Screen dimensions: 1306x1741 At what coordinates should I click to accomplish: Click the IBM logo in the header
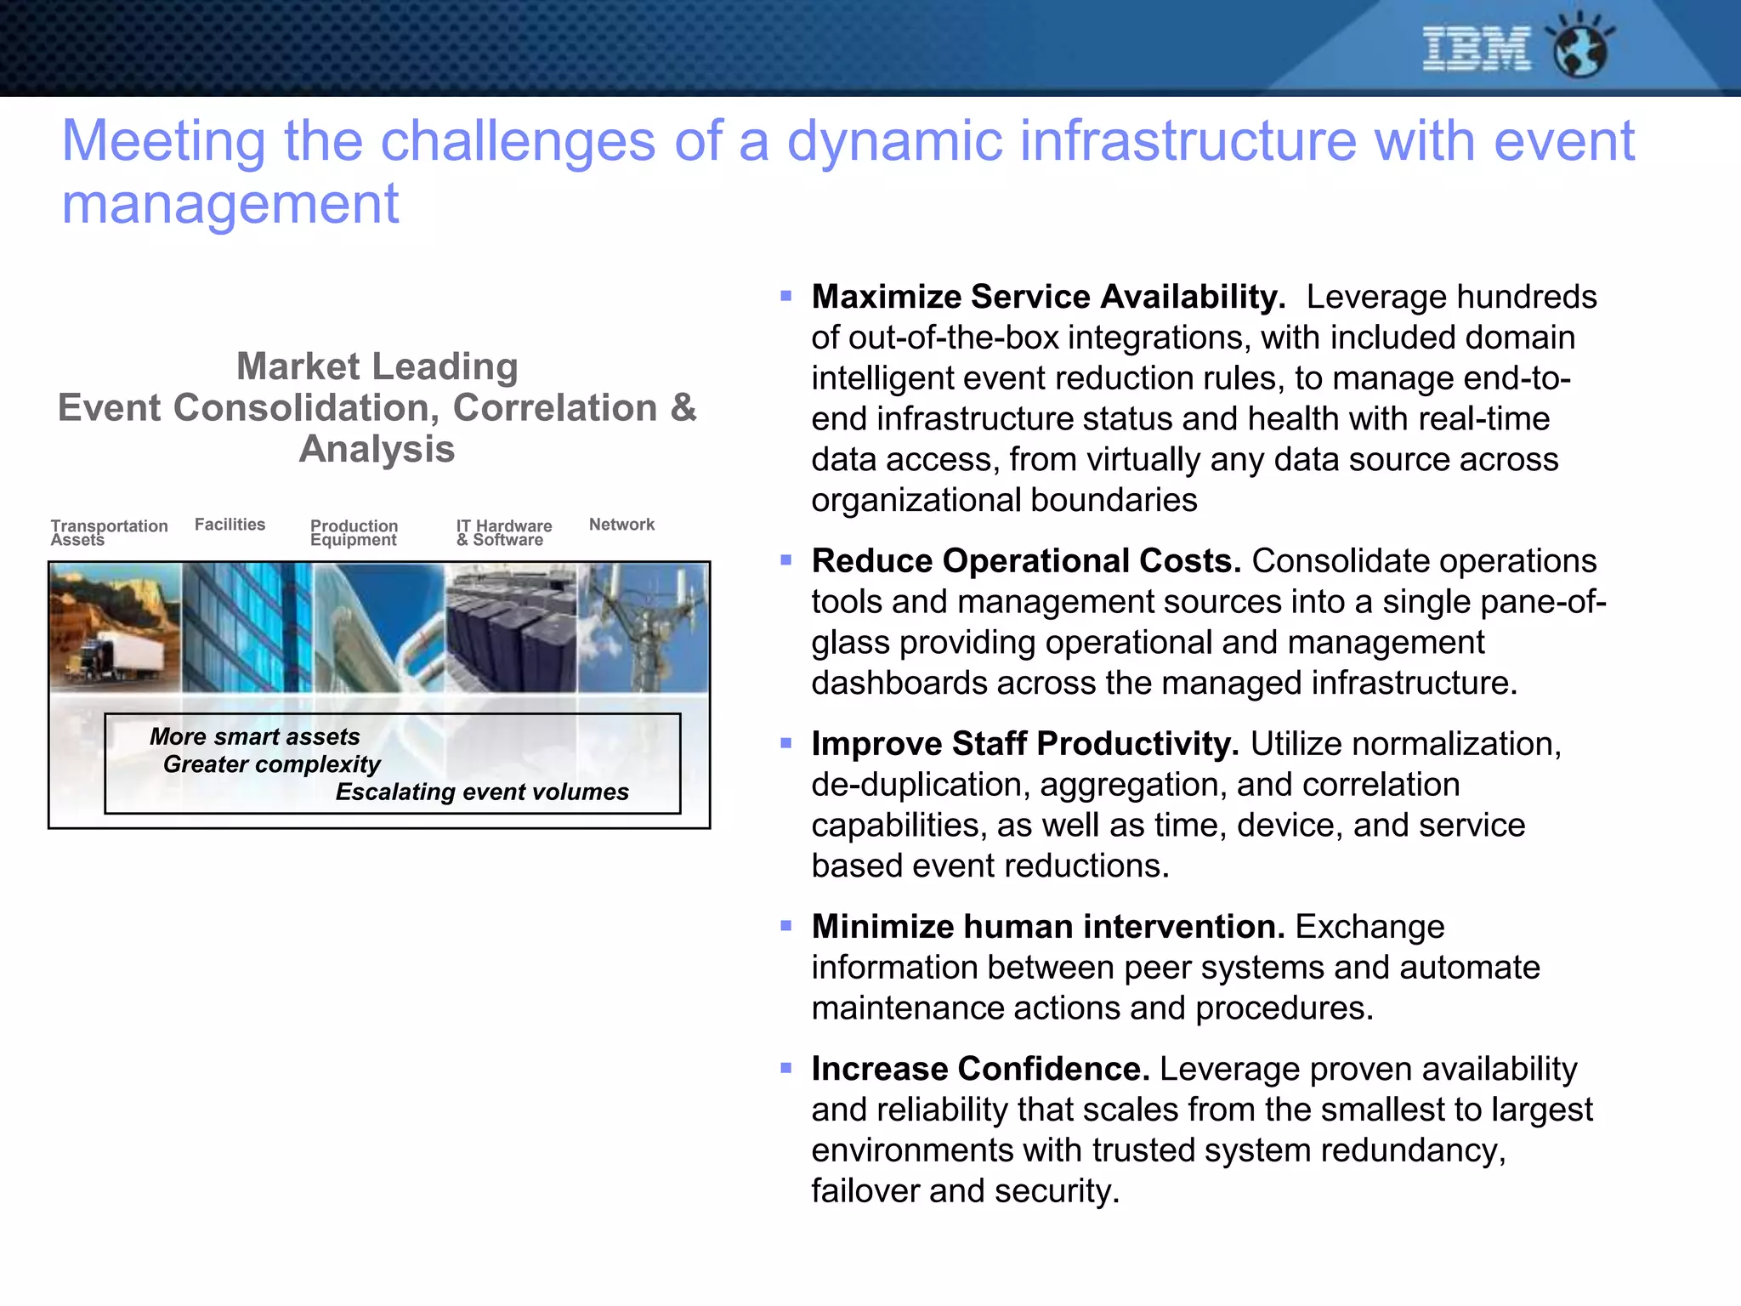pos(1476,48)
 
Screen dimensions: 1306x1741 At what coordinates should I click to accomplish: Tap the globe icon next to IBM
pos(1580,49)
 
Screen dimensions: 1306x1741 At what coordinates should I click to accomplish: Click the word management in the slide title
pos(230,204)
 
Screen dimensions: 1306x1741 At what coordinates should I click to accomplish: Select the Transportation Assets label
pos(108,532)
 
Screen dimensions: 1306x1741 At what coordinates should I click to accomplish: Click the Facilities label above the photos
pos(230,525)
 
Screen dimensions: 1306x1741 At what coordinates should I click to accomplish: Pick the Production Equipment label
pos(354,532)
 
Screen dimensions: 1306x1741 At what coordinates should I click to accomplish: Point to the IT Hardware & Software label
pos(503,532)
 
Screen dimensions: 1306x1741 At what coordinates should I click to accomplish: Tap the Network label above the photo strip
pos(621,525)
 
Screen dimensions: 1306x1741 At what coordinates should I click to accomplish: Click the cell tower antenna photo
pos(644,627)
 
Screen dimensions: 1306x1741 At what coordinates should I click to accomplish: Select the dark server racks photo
pos(510,629)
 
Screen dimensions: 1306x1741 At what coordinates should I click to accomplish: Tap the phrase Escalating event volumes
pos(482,792)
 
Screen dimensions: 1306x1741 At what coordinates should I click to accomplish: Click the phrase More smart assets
pos(254,736)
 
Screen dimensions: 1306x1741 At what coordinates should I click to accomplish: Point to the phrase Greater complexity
pos(271,764)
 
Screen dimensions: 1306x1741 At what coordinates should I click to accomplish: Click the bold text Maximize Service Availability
pos(1047,297)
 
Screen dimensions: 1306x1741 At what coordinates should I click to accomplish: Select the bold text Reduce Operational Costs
pos(1026,561)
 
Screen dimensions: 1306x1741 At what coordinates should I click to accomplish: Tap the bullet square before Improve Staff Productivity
pos(785,743)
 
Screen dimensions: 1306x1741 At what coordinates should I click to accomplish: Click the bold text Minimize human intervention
pos(1047,927)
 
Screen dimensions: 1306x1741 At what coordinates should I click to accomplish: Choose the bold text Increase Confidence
pos(980,1069)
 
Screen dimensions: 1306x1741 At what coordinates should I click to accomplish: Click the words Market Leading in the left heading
pos(377,366)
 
